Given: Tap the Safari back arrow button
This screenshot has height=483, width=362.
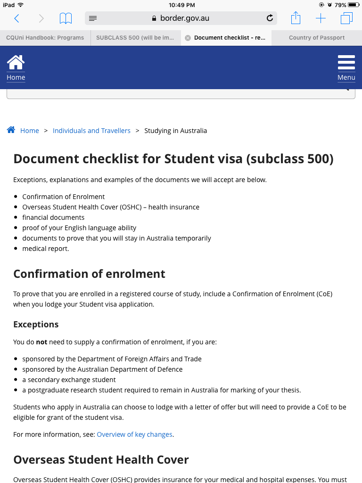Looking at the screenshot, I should (x=17, y=18).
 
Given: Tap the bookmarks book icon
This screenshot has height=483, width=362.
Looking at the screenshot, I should (x=66, y=18).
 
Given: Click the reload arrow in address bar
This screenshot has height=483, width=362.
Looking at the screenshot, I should (x=270, y=18).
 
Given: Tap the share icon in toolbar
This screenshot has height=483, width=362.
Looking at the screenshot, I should (x=296, y=18).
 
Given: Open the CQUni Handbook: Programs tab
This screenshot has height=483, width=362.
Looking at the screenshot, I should (x=45, y=38).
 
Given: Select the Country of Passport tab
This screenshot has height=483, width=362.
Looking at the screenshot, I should (x=317, y=38).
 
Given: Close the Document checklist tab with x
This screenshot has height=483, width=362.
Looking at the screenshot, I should (x=188, y=38).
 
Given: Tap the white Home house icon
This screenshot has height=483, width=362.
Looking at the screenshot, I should (x=16, y=62).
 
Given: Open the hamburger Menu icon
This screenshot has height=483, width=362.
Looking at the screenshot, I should (x=346, y=62).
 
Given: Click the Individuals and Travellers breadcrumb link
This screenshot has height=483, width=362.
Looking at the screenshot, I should (x=91, y=131).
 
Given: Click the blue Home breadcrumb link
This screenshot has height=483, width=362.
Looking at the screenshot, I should (x=29, y=131).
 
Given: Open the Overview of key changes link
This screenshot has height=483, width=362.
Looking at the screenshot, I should (x=134, y=434).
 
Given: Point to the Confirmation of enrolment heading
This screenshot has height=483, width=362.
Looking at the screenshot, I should (x=89, y=274).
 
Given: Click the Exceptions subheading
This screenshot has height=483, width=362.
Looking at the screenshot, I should (x=36, y=325).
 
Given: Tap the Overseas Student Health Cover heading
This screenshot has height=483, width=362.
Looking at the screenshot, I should (x=101, y=460).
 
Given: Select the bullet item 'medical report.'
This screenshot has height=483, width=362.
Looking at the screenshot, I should (x=45, y=249).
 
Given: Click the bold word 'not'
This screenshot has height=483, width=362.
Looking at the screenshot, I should (x=42, y=342).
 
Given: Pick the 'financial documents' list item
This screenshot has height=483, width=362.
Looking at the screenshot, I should (x=53, y=217).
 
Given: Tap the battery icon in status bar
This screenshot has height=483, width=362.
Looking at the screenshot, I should (x=354, y=5).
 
